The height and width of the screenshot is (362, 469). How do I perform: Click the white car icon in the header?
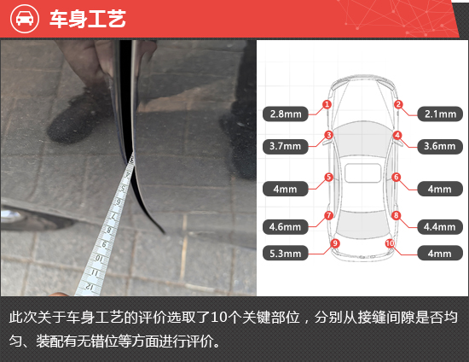tap(25, 19)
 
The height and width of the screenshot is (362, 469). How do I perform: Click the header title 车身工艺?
tap(88, 19)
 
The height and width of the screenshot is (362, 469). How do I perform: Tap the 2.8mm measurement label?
tap(286, 114)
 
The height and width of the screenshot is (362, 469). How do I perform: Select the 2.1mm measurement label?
tap(440, 114)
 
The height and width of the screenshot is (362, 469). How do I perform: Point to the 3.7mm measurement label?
tap(286, 146)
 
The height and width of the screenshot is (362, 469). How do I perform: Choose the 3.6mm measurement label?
tap(440, 146)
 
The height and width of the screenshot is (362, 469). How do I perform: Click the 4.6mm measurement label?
tap(286, 226)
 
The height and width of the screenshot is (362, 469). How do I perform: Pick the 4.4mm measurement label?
tap(440, 226)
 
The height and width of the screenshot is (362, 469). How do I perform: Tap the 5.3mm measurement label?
tap(286, 254)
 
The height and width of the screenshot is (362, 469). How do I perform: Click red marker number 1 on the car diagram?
tap(327, 104)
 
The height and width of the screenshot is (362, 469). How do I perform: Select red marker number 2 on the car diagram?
tap(398, 104)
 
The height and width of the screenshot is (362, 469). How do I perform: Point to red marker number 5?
tap(328, 177)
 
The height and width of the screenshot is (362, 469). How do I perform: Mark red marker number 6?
tap(397, 177)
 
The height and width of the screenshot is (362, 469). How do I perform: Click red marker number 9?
tap(335, 243)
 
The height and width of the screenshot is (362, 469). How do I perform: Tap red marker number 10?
tap(390, 243)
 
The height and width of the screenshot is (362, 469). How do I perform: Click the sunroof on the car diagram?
tap(362, 172)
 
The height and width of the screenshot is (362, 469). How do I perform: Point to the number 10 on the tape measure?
tap(99, 258)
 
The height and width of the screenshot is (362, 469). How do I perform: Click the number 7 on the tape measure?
tap(114, 216)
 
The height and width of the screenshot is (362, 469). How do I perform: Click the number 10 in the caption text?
tap(218, 318)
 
